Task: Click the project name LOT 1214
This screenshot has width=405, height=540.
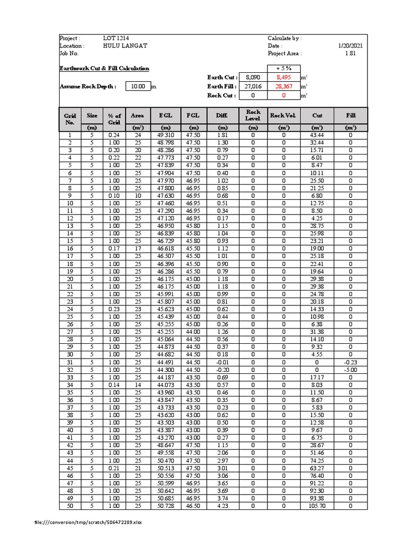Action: pos(115,38)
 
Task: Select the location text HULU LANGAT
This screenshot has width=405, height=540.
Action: pos(126,46)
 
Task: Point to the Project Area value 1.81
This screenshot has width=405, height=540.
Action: pos(351,53)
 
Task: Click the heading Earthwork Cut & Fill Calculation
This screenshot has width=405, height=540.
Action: pos(104,69)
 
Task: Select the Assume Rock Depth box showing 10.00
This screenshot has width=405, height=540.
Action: pos(138,86)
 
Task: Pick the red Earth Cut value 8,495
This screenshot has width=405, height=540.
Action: pos(284,78)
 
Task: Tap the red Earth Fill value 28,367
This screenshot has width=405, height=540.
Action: pos(284,86)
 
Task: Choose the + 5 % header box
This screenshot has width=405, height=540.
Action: pos(284,69)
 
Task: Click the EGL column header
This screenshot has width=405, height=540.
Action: pos(165,115)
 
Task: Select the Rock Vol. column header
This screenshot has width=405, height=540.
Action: pos(284,115)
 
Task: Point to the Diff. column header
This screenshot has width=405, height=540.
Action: pos(222,115)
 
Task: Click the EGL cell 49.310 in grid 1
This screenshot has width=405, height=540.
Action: pos(165,136)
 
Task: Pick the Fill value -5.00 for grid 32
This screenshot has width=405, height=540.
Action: pos(351,370)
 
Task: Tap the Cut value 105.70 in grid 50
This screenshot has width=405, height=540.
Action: pos(317,506)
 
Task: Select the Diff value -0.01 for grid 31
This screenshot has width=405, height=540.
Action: pos(222,362)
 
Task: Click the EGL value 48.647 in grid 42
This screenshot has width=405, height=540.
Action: pos(165,446)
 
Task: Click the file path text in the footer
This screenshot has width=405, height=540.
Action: pos(88,523)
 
